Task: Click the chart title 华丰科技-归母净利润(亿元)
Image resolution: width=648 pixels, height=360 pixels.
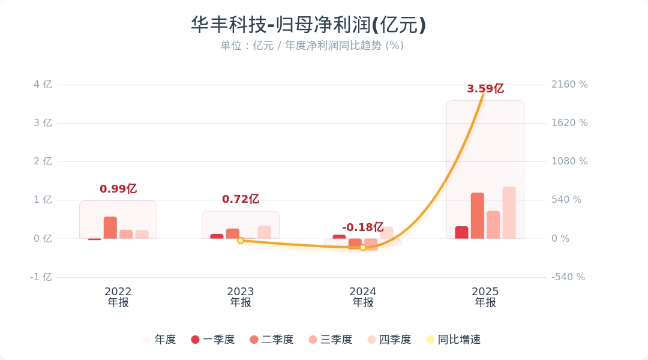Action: [x=308, y=25]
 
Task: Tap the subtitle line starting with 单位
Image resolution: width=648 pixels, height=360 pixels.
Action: [x=311, y=46]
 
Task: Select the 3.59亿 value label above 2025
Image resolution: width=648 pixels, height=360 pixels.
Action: [x=485, y=89]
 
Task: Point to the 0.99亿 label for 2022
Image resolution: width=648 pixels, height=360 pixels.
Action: [x=118, y=189]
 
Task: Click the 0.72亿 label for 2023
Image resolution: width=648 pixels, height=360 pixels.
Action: [x=241, y=199]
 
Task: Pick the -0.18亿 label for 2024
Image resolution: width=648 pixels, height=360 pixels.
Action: [x=362, y=227]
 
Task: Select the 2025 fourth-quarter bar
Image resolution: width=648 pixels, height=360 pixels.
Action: [x=509, y=213]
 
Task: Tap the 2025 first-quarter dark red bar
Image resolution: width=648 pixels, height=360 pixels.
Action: [x=461, y=232]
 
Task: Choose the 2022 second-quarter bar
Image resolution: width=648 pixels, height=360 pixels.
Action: [x=110, y=228]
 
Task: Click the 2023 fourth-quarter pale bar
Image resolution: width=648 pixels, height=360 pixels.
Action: [x=264, y=232]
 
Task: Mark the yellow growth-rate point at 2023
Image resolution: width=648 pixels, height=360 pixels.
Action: [x=241, y=241]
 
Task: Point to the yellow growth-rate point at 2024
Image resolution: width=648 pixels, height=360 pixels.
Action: [x=363, y=247]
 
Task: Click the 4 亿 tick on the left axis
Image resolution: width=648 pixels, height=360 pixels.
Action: [x=43, y=85]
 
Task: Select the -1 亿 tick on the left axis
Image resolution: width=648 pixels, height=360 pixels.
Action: [x=41, y=277]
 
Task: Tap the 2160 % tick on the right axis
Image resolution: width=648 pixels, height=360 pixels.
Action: [x=569, y=85]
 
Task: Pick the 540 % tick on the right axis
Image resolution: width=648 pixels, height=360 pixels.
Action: [x=566, y=200]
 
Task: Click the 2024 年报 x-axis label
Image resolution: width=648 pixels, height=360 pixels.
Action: [x=363, y=297]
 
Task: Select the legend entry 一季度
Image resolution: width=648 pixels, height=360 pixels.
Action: [x=212, y=340]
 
